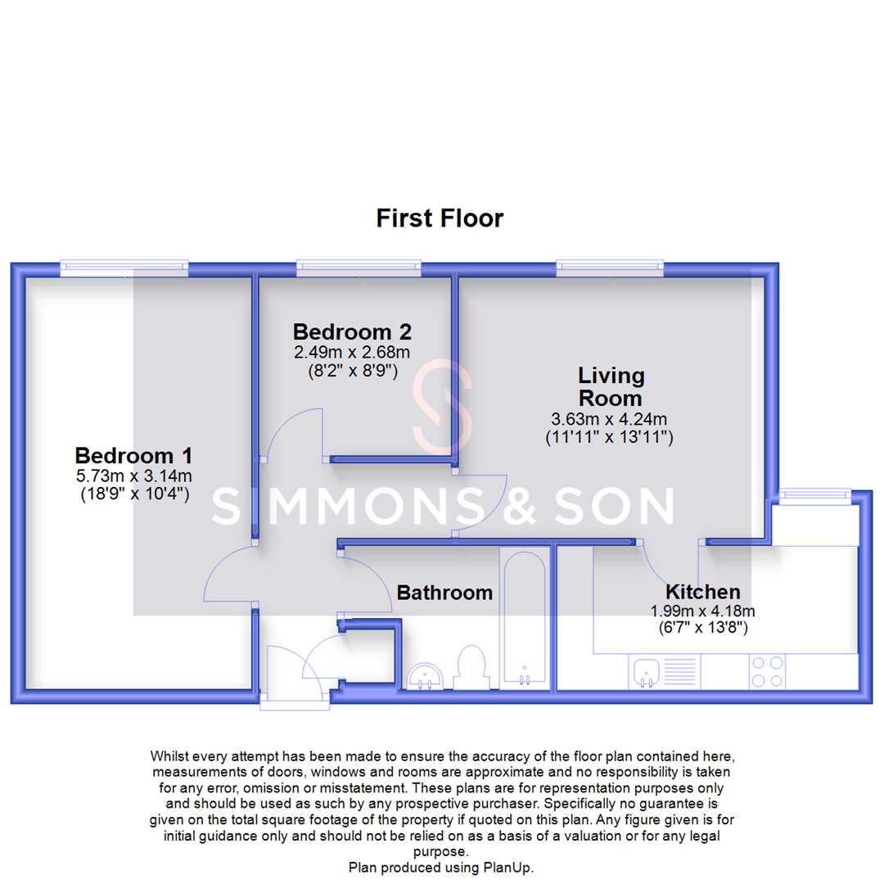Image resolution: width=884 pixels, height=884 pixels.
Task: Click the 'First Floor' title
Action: click(x=440, y=219)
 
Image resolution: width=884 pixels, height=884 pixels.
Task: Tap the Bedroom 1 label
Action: click(x=133, y=456)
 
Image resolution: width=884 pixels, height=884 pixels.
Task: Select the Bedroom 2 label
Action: click(x=352, y=332)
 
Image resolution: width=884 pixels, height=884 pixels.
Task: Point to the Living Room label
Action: click(x=611, y=387)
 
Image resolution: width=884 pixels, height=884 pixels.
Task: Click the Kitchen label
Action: click(x=702, y=592)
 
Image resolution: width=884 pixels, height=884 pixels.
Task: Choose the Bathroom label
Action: click(x=444, y=593)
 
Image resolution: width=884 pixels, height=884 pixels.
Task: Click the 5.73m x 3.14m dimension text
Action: click(x=133, y=476)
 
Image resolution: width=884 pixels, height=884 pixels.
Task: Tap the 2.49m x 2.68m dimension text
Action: click(x=352, y=352)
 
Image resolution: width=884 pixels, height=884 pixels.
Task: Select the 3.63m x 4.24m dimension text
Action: click(x=610, y=418)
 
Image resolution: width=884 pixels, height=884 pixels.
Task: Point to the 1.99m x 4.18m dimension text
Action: click(x=702, y=611)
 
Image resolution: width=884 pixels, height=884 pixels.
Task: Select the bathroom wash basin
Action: click(x=426, y=675)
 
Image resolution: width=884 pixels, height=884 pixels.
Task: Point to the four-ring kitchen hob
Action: click(x=767, y=672)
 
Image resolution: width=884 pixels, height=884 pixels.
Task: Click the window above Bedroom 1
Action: click(x=125, y=265)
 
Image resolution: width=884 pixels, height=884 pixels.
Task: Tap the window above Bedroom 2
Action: click(x=359, y=265)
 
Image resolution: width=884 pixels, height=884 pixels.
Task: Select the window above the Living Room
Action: click(x=610, y=265)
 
